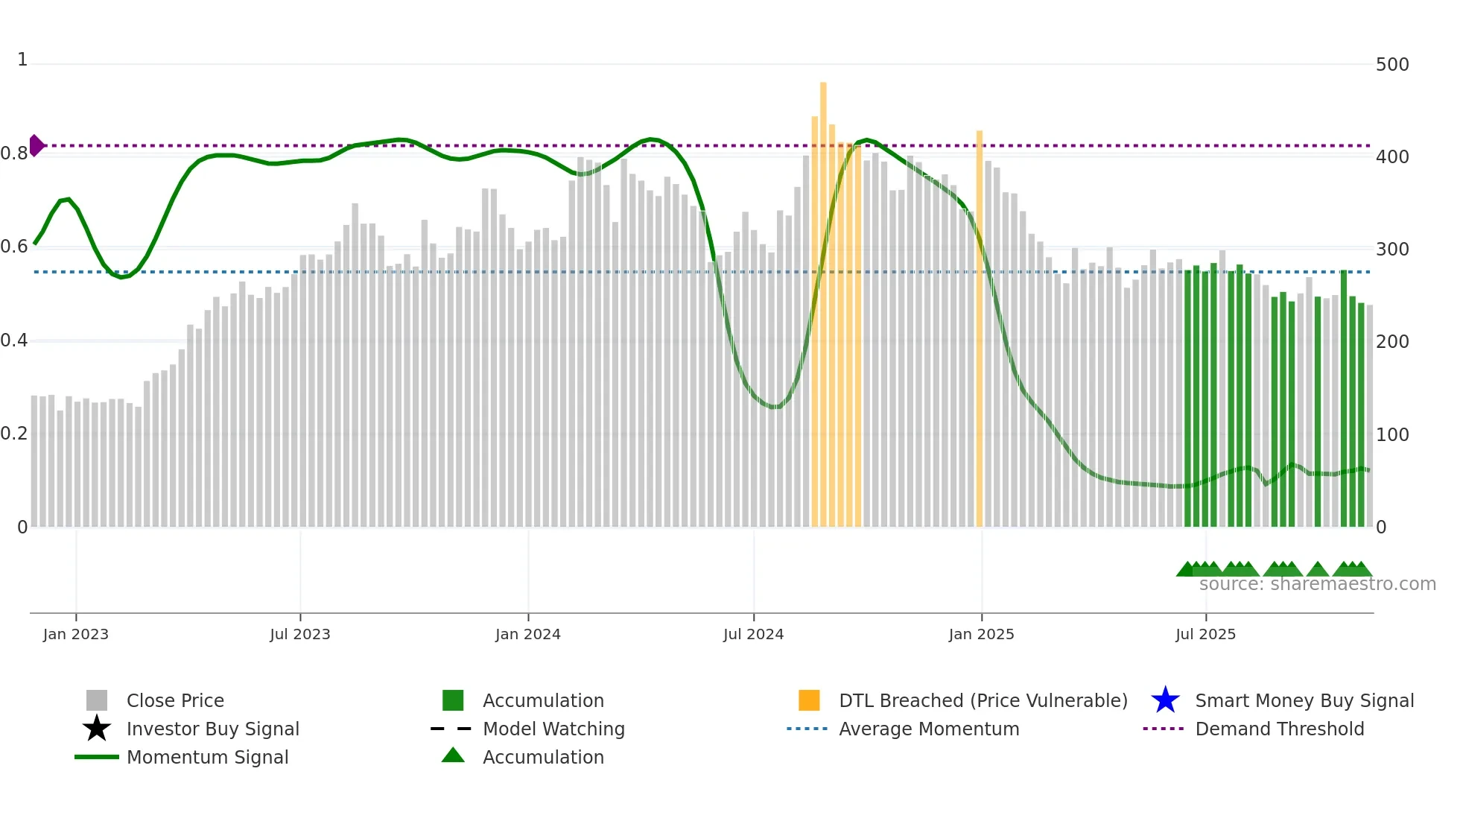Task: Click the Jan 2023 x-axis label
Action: [75, 634]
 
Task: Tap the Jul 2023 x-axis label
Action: [300, 634]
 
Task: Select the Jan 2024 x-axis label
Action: [528, 634]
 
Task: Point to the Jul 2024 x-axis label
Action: [753, 634]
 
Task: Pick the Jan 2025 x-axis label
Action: [981, 634]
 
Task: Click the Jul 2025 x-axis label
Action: [1205, 634]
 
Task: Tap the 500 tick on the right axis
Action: [1392, 65]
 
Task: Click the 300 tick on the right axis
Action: [1392, 250]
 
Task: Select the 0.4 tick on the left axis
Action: [13, 340]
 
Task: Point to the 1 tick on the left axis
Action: [22, 60]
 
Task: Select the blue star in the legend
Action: [1165, 700]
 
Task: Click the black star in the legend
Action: [97, 729]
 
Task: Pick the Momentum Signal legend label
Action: [207, 757]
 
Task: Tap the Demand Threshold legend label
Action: [1279, 729]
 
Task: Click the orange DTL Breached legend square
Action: [809, 700]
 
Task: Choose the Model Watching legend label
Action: [553, 729]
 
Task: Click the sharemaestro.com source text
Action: [1317, 584]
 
